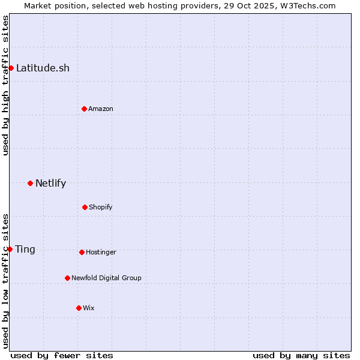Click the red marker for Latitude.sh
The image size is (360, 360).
coord(11,68)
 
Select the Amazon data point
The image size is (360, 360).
coord(84,109)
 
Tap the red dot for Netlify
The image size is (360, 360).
coord(30,183)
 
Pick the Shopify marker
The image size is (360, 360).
coord(85,207)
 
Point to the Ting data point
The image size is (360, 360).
coord(10,249)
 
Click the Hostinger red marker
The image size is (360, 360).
coord(82,252)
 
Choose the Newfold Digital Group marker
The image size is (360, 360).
coord(67,278)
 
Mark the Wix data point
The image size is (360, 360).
coord(79,308)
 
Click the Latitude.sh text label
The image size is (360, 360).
coord(43,68)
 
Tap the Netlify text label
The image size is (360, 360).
coord(50,183)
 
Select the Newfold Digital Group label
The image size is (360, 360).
coord(106,278)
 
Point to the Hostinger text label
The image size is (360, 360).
coord(101,252)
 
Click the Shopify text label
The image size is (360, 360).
coord(100,207)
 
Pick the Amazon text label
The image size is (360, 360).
coord(100,109)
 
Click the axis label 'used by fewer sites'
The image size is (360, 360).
coord(62,355)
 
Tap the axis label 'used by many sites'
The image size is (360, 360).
coord(301,355)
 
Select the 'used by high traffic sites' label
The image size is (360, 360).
coord(5,85)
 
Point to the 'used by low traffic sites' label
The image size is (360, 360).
coord(5,281)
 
